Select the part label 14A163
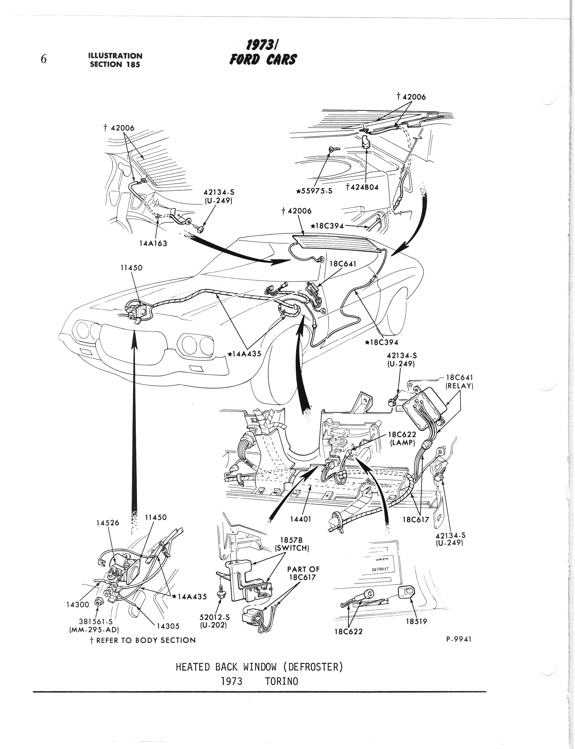153,244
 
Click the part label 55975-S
315,191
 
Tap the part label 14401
301,519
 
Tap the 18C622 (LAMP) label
403,438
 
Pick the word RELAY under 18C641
459,386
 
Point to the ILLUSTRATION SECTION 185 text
115,60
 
